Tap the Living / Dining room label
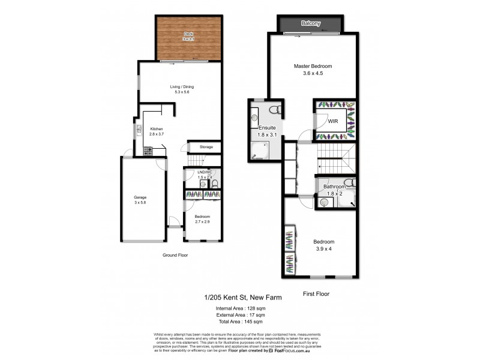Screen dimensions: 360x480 click(181, 86)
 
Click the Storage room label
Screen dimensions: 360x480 click(206, 146)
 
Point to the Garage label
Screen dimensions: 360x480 click(140, 197)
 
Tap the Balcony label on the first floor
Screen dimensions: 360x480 click(311, 23)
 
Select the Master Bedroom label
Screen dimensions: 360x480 click(313, 66)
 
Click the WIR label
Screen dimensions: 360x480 click(333, 121)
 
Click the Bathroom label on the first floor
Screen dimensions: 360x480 click(335, 187)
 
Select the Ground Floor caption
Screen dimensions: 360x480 click(176, 255)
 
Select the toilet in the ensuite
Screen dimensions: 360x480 click(275, 110)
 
